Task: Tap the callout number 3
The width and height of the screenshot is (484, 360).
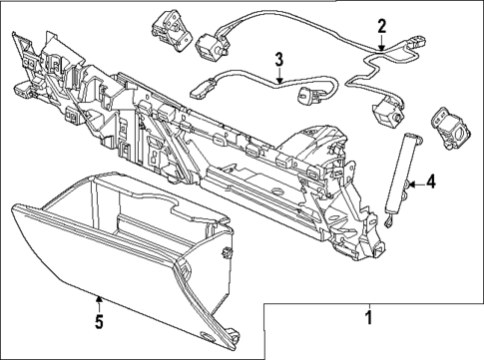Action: tap(279, 59)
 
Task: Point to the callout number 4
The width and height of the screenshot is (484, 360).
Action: tap(430, 181)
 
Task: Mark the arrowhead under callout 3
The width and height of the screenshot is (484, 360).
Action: tap(280, 79)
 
